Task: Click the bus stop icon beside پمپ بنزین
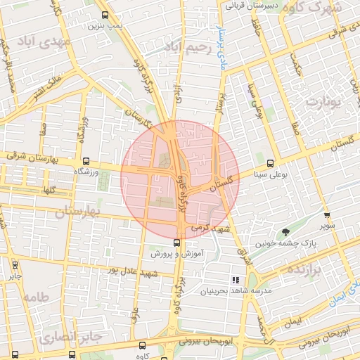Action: click(x=105, y=15)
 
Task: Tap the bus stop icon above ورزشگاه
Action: click(x=86, y=161)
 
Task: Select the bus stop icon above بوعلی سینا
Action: click(x=271, y=162)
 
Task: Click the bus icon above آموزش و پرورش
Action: click(x=176, y=243)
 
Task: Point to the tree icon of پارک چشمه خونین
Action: click(x=285, y=233)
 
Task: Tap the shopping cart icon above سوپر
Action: click(x=327, y=215)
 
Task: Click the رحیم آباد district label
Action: click(x=186, y=47)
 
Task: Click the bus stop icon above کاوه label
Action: click(x=143, y=346)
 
